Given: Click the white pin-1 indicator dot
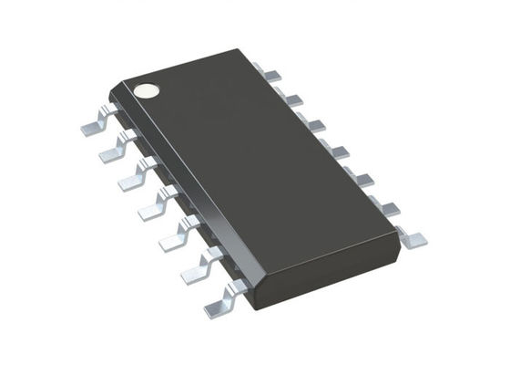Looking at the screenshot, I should [x=146, y=89].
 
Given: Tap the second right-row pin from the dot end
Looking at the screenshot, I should [x=290, y=97].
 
